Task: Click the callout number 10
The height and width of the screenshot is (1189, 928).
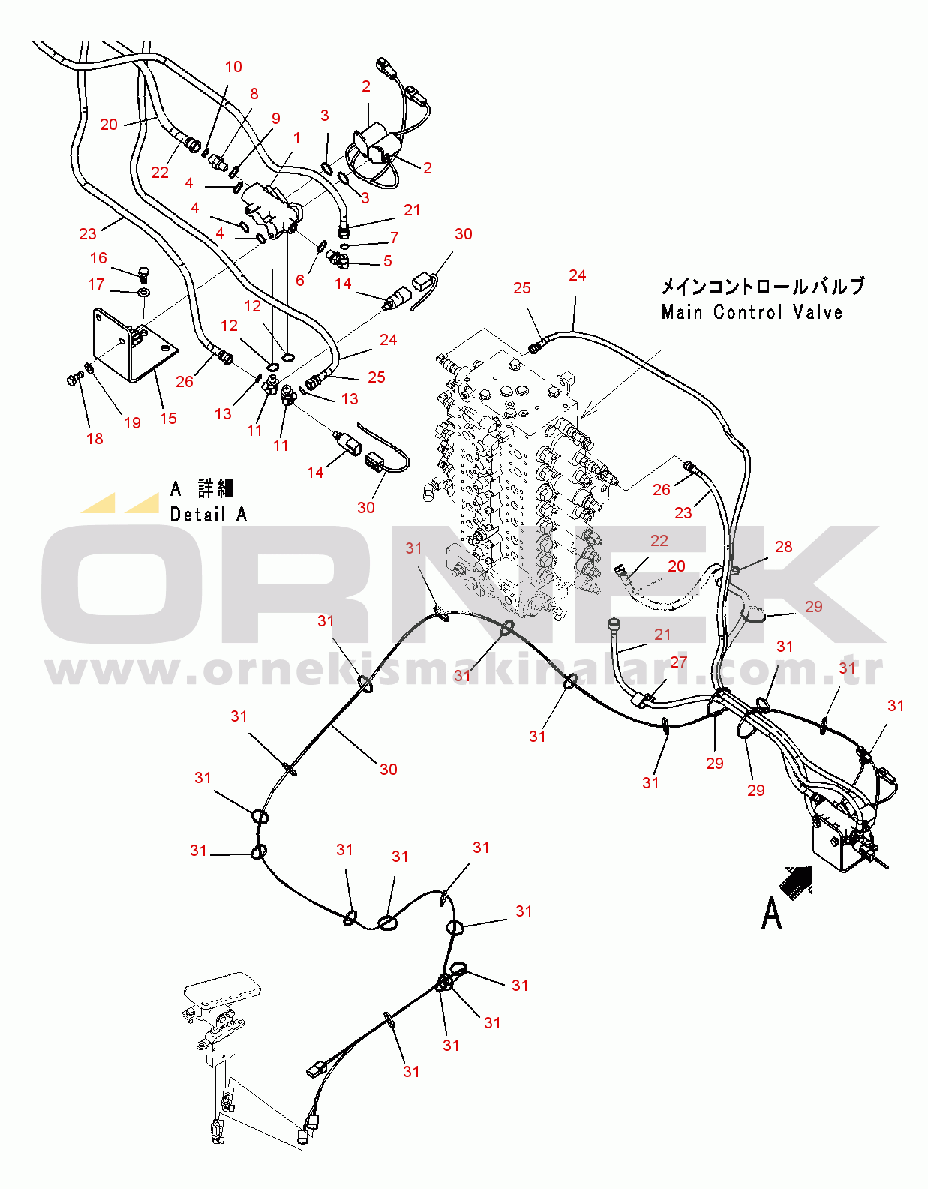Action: click(x=233, y=67)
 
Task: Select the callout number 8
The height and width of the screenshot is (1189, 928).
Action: click(x=254, y=94)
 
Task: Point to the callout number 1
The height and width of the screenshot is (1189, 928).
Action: click(x=296, y=138)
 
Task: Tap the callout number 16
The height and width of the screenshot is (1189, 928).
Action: click(x=98, y=258)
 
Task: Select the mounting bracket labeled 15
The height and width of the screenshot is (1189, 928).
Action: click(x=133, y=345)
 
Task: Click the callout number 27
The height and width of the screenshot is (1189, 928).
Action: click(x=678, y=662)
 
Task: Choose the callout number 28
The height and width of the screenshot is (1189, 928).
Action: click(x=783, y=547)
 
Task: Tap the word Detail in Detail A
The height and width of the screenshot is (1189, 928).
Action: click(x=197, y=515)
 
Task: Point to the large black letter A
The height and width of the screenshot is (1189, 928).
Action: click(x=771, y=914)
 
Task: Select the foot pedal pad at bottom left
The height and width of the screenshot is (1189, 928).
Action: click(x=222, y=988)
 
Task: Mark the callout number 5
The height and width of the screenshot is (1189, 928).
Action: click(x=387, y=260)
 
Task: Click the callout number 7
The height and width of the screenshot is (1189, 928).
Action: click(x=394, y=238)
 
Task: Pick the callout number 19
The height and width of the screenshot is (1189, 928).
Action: click(x=132, y=422)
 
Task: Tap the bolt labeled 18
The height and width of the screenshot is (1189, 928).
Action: click(x=74, y=377)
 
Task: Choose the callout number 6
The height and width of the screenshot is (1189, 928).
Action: click(x=300, y=280)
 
